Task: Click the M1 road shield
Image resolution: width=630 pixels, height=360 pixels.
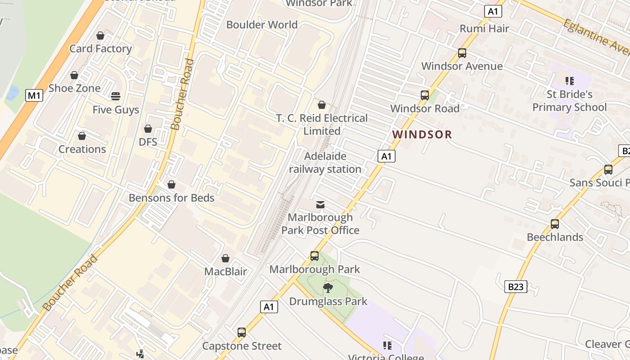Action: click(x=34, y=95)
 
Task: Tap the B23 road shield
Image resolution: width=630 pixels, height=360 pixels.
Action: click(x=515, y=287)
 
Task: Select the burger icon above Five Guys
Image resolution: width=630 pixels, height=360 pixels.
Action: click(x=116, y=96)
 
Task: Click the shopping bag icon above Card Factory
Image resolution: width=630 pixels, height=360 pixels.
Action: click(x=100, y=36)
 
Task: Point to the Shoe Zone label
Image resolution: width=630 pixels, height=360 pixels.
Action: click(x=74, y=88)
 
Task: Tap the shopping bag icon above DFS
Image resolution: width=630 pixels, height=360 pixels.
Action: click(x=148, y=129)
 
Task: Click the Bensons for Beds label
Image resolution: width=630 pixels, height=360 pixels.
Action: click(x=171, y=198)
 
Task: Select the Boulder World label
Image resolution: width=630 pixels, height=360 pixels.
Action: click(x=262, y=25)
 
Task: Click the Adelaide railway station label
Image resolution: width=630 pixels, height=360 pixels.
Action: click(x=325, y=162)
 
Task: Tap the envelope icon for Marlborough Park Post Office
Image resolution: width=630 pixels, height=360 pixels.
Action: click(x=320, y=205)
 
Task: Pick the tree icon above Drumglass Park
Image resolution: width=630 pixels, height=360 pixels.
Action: click(x=328, y=288)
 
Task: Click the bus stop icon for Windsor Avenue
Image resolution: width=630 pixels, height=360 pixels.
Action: click(x=462, y=53)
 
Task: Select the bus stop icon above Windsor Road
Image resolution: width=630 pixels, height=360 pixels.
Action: click(x=425, y=95)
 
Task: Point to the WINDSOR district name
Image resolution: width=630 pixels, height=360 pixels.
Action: click(x=422, y=134)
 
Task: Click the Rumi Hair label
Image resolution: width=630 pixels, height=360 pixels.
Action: click(x=484, y=29)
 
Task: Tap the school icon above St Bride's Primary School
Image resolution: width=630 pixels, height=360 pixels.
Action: click(x=570, y=81)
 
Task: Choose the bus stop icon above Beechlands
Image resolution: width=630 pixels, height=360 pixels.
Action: click(x=555, y=224)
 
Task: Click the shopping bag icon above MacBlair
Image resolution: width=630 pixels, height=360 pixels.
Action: click(x=225, y=258)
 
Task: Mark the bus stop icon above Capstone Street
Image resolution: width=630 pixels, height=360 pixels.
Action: click(x=242, y=333)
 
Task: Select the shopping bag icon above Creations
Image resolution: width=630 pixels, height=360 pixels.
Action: click(x=82, y=136)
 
